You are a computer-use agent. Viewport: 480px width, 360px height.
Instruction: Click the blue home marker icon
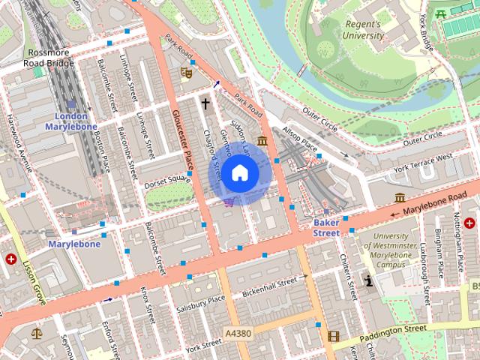(x=238, y=173)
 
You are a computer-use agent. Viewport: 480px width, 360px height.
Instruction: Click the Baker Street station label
(x=326, y=228)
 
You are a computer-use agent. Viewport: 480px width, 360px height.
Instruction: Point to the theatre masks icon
(x=186, y=73)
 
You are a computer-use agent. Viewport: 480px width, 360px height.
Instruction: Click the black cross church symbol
(x=204, y=103)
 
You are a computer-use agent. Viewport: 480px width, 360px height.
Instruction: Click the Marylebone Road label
(x=430, y=206)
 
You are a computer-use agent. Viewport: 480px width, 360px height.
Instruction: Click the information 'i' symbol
(x=368, y=280)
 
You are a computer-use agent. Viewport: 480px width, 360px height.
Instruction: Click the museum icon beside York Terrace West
(x=400, y=197)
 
